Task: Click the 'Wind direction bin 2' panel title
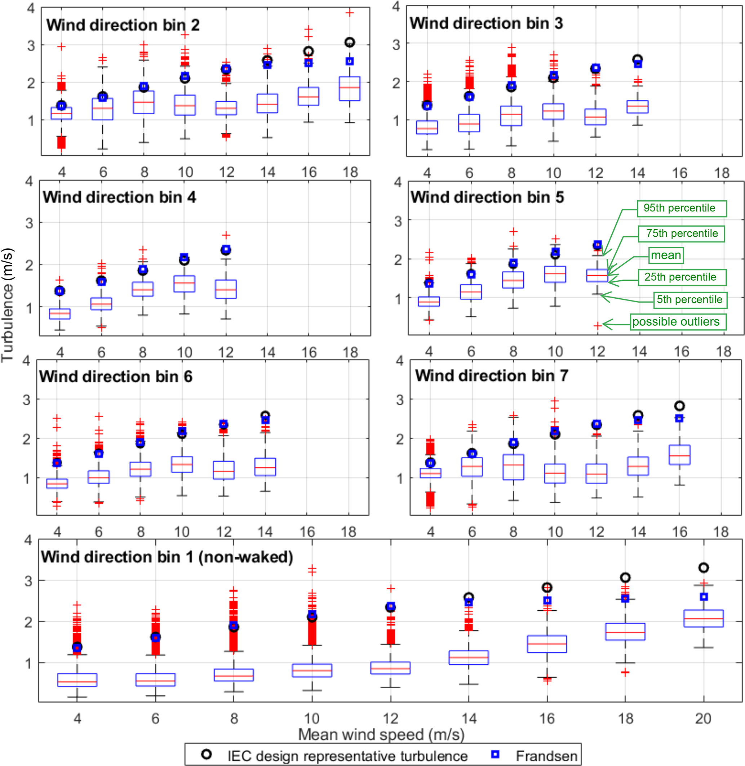point(123,25)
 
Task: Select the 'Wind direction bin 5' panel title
point(487,197)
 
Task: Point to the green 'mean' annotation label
point(666,255)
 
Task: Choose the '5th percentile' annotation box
point(689,300)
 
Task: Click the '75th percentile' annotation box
point(682,233)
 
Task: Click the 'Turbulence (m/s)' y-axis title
point(8,305)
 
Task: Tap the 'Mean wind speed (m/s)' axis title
point(381,734)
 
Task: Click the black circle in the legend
point(206,754)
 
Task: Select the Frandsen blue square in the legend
point(495,754)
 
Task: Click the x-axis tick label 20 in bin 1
point(703,718)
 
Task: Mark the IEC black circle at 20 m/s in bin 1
point(704,567)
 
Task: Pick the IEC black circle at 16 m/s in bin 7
point(680,406)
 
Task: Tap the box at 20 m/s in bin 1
point(704,618)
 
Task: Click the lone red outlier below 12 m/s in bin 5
point(598,325)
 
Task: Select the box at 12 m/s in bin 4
point(226,289)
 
